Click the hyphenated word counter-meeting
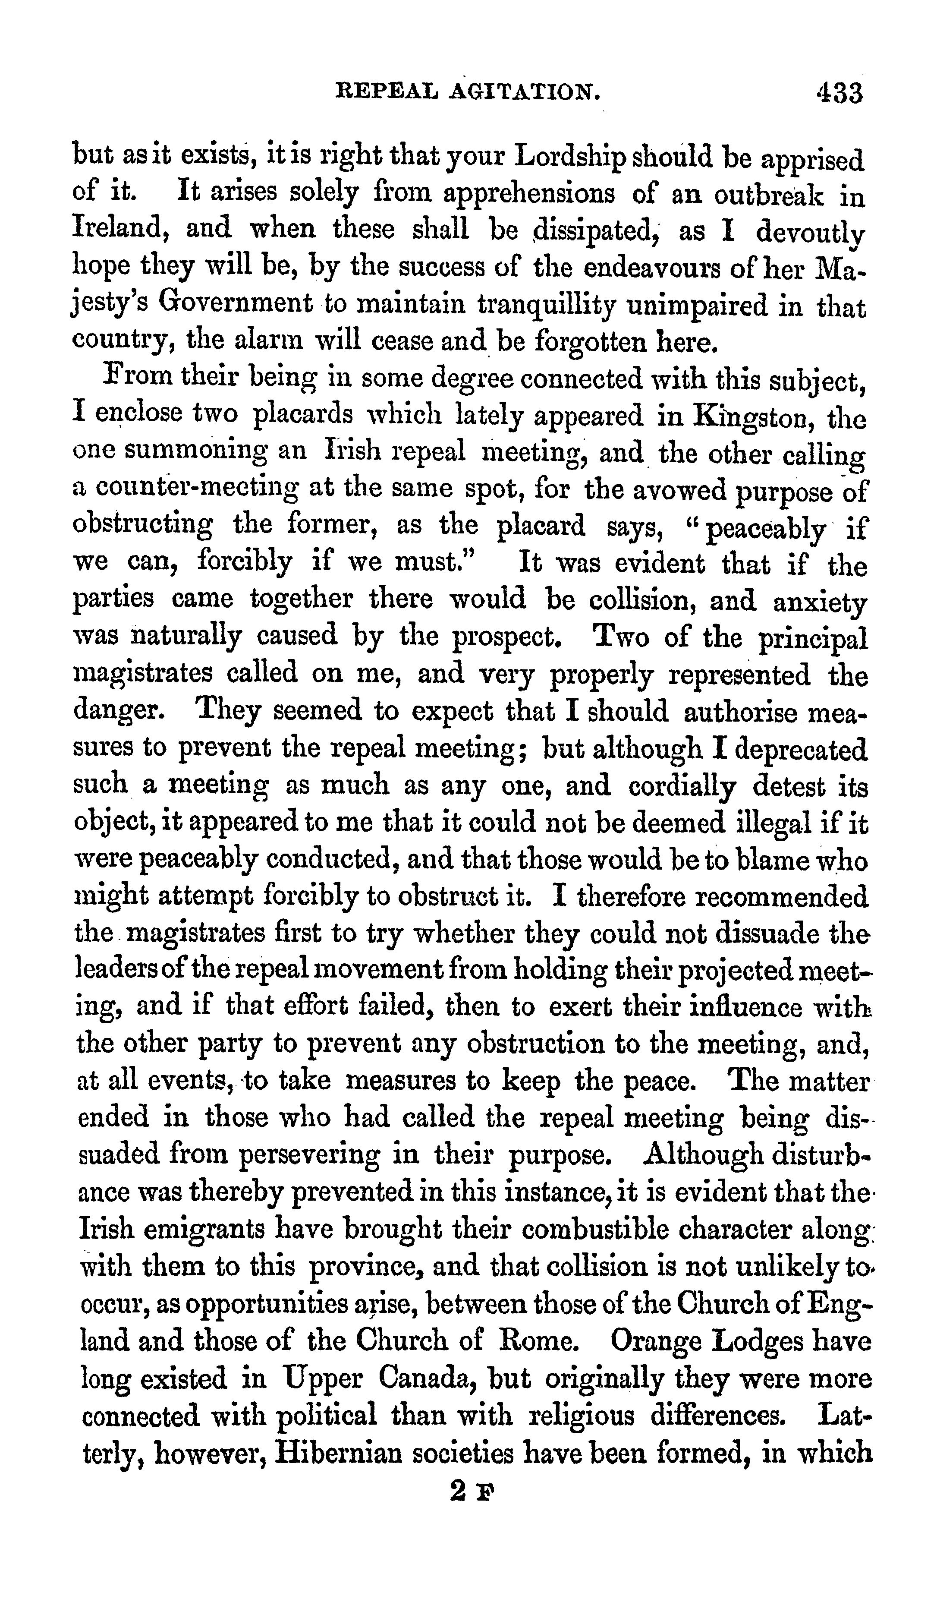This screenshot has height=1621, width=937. [197, 490]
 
